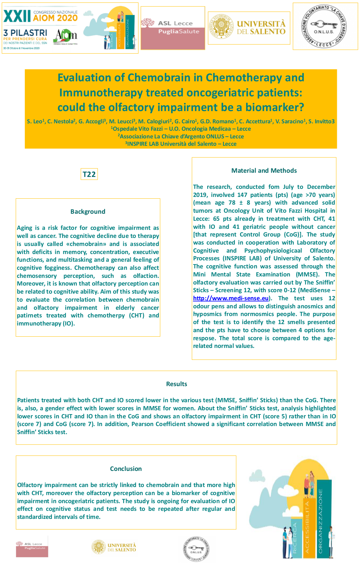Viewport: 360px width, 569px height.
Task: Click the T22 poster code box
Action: [x=89, y=174]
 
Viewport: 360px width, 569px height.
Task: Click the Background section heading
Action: [x=88, y=212]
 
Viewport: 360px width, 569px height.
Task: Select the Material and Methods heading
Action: [x=264, y=171]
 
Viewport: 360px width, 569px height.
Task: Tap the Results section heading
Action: [x=176, y=384]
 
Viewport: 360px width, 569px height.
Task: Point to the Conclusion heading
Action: [x=126, y=469]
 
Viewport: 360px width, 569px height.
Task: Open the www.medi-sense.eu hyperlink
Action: [x=231, y=298]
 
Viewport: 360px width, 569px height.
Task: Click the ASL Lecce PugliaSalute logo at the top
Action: [x=173, y=28]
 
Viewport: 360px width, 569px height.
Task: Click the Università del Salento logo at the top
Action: [x=249, y=28]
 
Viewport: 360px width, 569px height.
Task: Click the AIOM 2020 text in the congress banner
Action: [x=55, y=18]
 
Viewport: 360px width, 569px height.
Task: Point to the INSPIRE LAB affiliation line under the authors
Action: [x=181, y=144]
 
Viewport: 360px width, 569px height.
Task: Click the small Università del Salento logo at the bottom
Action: [x=114, y=547]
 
